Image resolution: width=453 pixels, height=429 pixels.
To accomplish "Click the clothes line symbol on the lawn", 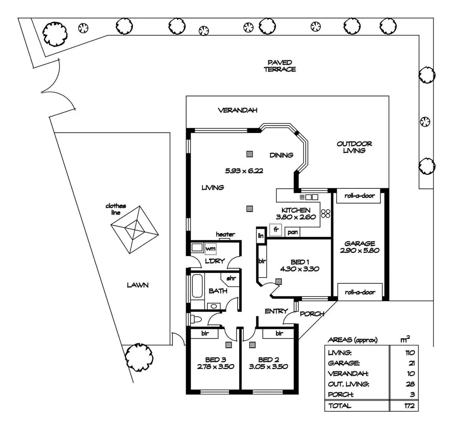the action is pos(134,229).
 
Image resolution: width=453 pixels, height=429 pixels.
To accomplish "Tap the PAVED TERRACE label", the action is pos(279,66).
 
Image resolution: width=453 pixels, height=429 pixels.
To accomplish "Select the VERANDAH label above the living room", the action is pos(237,110).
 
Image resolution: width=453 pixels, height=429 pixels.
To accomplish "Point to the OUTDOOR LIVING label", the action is pos(354,147).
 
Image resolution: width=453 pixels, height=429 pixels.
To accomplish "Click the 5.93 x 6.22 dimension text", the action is pos(244,171).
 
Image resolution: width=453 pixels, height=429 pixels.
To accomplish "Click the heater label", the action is pos(225,234).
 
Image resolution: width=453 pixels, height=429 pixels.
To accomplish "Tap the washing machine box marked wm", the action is pos(210,248).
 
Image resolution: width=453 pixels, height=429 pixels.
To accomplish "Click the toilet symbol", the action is pos(196,319).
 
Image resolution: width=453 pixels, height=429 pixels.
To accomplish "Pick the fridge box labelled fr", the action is pos(276,230).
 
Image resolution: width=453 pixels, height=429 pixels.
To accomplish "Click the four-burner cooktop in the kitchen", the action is pos(326,213).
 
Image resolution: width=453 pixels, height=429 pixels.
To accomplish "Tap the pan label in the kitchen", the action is pos(292,232).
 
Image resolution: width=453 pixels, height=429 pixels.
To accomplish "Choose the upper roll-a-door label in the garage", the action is pos(359,196).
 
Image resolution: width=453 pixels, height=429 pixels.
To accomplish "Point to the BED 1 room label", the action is pos(299,262).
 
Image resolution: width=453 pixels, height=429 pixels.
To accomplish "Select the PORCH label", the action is pos(312,314).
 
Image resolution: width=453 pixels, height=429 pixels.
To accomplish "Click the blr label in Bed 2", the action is pos(279,333).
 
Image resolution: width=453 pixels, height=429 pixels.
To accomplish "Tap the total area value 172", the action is pos(409,406).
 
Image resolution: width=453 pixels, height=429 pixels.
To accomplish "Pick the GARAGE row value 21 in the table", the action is pos(411,363).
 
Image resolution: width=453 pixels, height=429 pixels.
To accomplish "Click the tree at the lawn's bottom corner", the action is pos(139,357).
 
